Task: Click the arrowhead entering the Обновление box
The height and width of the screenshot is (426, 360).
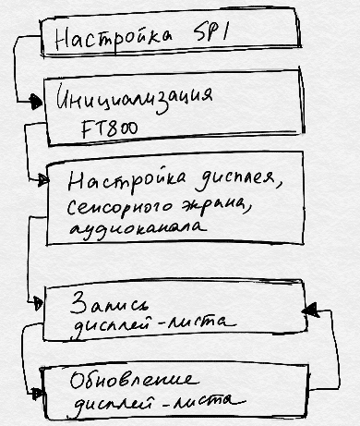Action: tap(37, 394)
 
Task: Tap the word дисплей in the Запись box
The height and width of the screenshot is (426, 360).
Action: tap(107, 324)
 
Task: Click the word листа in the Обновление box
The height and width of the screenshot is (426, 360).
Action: tap(215, 401)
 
